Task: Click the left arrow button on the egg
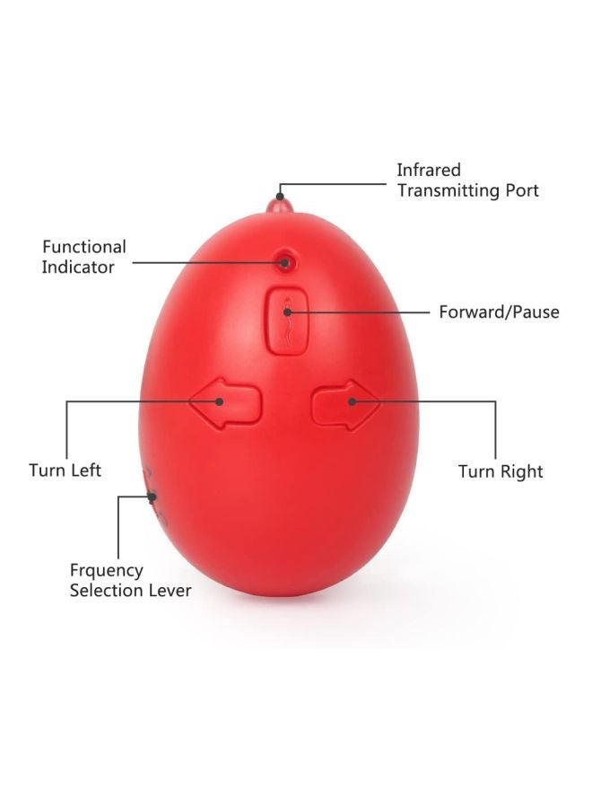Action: (x=225, y=403)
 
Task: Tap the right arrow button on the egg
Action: (x=345, y=404)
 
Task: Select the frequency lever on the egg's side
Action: (x=152, y=497)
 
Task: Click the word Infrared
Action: (x=428, y=170)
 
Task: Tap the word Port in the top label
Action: (x=521, y=190)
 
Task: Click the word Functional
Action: (x=84, y=247)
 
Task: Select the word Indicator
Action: (x=78, y=267)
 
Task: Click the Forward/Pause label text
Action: (x=499, y=312)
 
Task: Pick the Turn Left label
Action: (x=65, y=470)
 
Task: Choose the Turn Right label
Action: (x=501, y=471)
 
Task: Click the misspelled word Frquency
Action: (x=107, y=570)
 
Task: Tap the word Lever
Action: (x=172, y=590)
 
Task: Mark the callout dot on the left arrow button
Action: (x=220, y=401)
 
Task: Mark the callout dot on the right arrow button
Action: (x=353, y=401)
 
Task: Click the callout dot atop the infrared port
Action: (x=280, y=197)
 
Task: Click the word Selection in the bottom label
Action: (x=109, y=590)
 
